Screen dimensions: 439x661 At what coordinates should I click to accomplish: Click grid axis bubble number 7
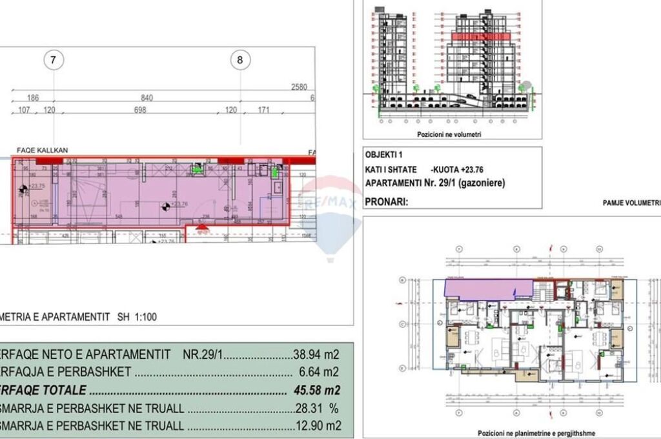54,61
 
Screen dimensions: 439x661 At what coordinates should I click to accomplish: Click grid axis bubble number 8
240,61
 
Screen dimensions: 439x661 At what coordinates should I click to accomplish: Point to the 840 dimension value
147,98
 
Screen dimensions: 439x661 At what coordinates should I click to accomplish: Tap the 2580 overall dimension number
299,87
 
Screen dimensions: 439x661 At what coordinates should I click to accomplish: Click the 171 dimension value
263,110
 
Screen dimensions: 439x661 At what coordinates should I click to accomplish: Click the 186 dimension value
33,98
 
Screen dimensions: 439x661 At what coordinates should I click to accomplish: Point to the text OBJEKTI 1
383,156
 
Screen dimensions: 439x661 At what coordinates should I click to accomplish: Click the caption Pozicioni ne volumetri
449,135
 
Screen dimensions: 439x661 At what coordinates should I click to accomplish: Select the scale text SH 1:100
136,317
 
